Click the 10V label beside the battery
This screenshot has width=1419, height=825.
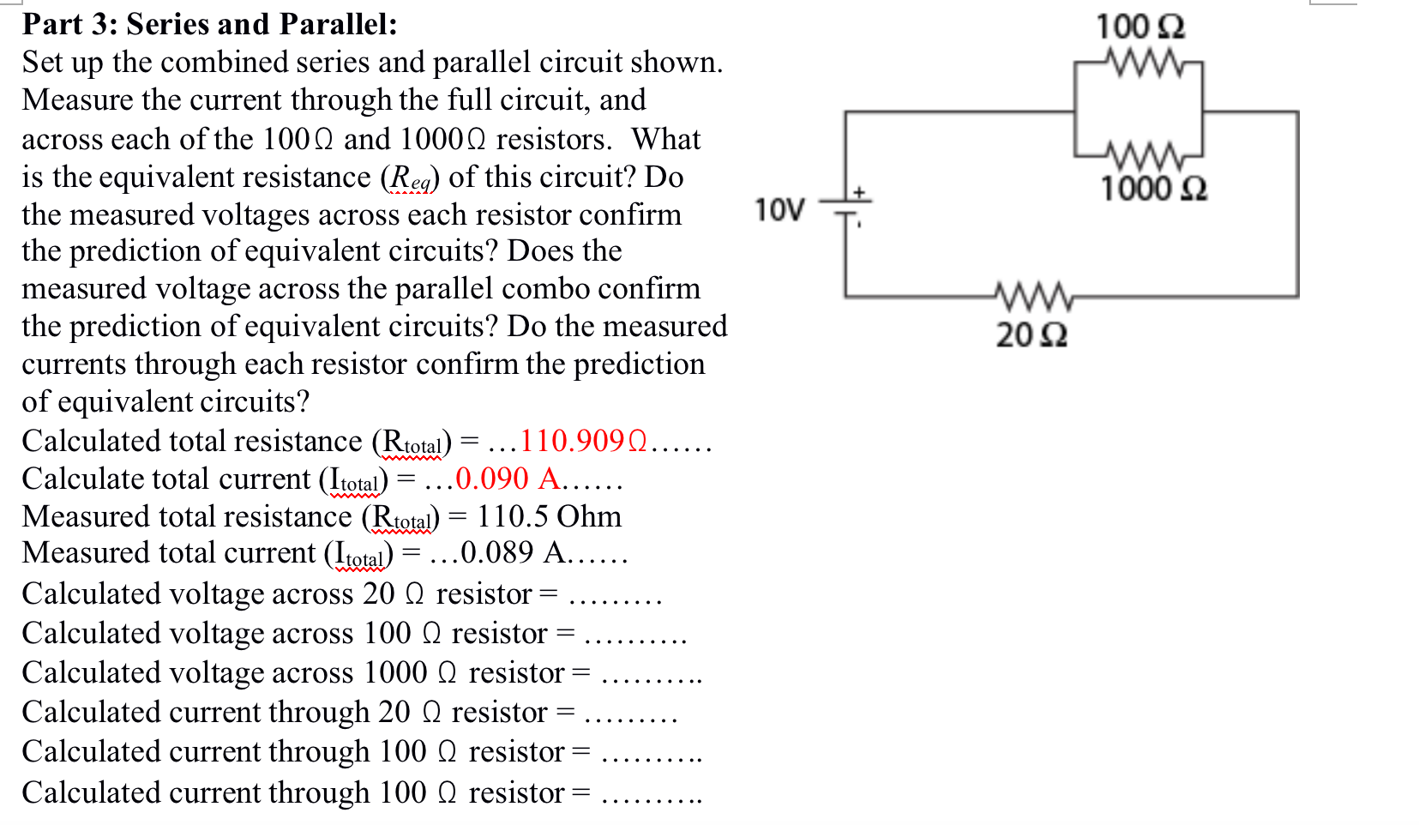(x=779, y=209)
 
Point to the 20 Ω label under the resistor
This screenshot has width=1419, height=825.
(x=1031, y=334)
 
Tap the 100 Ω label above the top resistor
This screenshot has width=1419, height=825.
(x=1140, y=27)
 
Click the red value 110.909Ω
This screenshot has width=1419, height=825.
(x=584, y=441)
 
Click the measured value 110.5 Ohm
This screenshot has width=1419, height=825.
(x=549, y=516)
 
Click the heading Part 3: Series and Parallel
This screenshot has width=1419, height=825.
(x=210, y=24)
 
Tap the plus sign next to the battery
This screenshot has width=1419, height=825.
(x=859, y=192)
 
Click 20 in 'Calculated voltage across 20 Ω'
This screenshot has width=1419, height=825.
(x=378, y=593)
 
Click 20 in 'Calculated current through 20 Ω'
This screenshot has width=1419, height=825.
(x=394, y=712)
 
